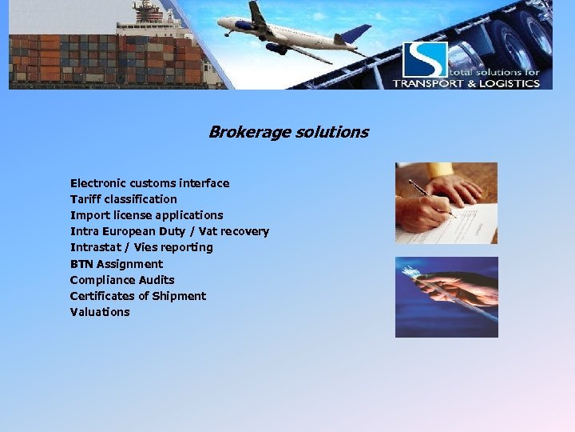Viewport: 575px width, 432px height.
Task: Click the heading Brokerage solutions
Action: pyautogui.click(x=288, y=132)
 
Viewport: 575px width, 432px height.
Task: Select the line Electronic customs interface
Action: pyautogui.click(x=149, y=183)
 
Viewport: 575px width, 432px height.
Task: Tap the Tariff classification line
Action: pyautogui.click(x=124, y=199)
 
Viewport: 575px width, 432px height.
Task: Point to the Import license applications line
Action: pyautogui.click(x=147, y=215)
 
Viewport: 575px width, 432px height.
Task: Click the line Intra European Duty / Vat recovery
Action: pyautogui.click(x=169, y=231)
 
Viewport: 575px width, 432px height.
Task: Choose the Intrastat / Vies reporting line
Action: pyautogui.click(x=141, y=247)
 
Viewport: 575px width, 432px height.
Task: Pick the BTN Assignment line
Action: pyautogui.click(x=117, y=264)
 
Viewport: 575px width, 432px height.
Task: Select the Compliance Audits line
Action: pyautogui.click(x=122, y=280)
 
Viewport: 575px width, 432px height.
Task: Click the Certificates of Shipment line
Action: pyautogui.click(x=138, y=296)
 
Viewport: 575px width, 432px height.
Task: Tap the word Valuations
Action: pyautogui.click(x=100, y=312)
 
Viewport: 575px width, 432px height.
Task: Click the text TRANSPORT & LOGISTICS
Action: pyautogui.click(x=466, y=83)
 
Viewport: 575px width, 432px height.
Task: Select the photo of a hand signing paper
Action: pyautogui.click(x=446, y=203)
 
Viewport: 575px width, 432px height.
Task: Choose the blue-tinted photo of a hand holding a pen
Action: pyautogui.click(x=446, y=297)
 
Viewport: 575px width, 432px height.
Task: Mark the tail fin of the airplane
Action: pyautogui.click(x=356, y=34)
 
